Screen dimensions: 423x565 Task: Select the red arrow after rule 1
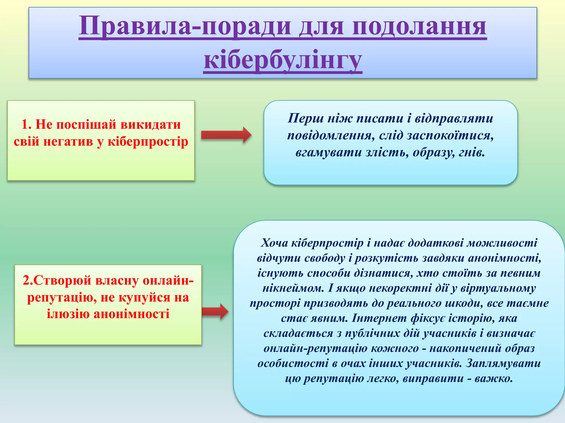(x=226, y=135)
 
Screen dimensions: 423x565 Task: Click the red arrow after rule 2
(x=215, y=311)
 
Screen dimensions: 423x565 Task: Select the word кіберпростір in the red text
(x=148, y=142)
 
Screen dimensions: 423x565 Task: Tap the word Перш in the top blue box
(x=306, y=118)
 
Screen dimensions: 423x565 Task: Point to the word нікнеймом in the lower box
(x=293, y=288)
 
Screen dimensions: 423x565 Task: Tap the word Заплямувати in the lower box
(x=503, y=364)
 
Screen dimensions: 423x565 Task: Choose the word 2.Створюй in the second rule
(x=57, y=281)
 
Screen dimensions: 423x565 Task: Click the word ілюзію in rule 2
(x=68, y=314)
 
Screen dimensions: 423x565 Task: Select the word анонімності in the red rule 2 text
(x=131, y=314)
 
